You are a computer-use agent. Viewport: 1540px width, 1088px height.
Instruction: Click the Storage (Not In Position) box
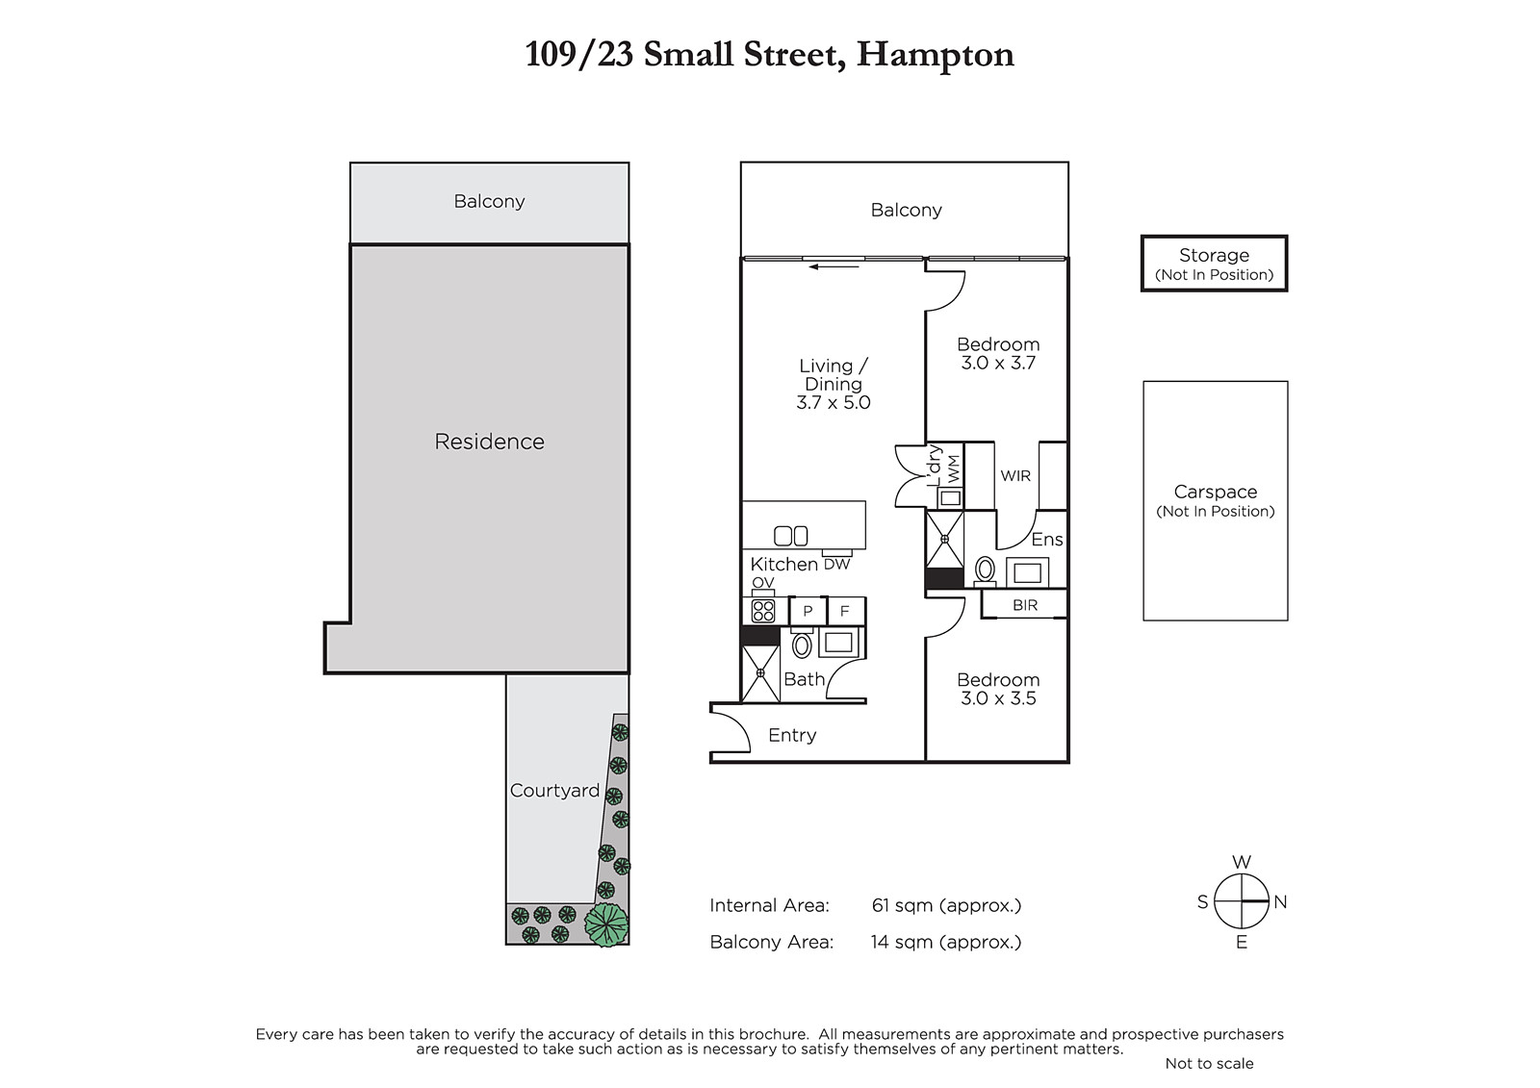(1214, 264)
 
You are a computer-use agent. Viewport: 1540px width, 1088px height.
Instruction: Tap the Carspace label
(1215, 492)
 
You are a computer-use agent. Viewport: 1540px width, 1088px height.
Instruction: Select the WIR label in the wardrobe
(1015, 475)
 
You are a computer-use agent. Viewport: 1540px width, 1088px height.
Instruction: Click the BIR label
(1024, 605)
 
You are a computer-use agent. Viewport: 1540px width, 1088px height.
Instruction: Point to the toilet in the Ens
(986, 570)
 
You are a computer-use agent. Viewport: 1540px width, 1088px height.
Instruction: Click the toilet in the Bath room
(801, 643)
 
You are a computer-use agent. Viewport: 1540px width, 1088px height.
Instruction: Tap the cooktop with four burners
(763, 610)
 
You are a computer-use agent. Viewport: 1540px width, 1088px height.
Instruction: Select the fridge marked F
(845, 610)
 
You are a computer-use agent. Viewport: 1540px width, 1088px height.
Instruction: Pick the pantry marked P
(808, 610)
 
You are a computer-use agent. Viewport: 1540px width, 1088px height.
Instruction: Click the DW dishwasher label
(836, 565)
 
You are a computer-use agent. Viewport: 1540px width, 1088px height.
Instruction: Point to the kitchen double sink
(790, 536)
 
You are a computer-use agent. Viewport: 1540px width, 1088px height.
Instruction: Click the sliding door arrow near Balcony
(834, 266)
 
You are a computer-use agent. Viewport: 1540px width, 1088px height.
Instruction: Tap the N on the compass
(1280, 901)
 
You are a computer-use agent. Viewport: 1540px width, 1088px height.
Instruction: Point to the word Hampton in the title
(935, 55)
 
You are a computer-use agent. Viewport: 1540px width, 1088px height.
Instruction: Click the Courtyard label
(554, 791)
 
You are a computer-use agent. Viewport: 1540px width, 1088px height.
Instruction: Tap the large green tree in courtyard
(606, 925)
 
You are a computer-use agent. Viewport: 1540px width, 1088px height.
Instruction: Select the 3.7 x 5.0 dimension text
(834, 402)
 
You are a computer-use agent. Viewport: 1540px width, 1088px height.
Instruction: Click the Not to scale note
(1209, 1063)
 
